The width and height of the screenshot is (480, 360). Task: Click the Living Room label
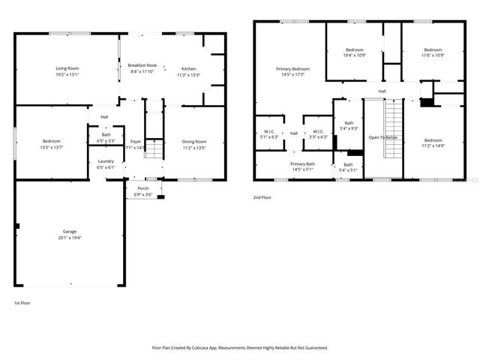pos(66,67)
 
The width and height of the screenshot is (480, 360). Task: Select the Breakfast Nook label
pos(142,65)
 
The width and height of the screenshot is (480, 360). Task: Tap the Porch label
pos(142,189)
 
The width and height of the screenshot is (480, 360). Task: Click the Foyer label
pos(136,141)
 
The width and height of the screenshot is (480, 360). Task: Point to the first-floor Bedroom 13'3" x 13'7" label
pos(52,141)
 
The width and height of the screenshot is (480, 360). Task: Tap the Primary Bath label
pos(303,163)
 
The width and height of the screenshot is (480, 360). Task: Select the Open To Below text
pos(382,137)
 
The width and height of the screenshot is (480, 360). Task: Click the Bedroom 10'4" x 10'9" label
pos(355,49)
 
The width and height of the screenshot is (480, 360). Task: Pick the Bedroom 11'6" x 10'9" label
pos(433,49)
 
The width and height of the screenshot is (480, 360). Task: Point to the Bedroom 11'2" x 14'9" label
pos(433,141)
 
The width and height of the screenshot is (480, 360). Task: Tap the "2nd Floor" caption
pos(262,197)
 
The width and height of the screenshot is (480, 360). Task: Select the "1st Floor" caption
pos(22,302)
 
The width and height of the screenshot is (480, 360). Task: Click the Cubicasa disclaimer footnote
pos(240,347)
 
